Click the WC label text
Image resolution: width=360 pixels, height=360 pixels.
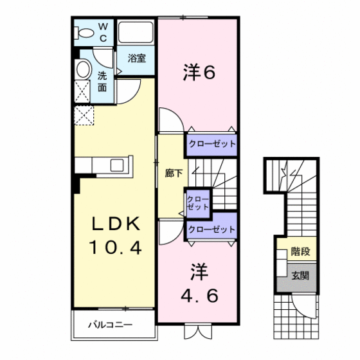tap(104, 30)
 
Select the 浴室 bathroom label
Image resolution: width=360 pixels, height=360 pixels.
tap(136, 59)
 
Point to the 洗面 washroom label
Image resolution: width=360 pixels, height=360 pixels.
tap(103, 80)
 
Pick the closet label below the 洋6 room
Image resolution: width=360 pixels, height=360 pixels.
tap(212, 144)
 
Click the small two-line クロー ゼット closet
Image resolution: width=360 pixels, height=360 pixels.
tap(197, 203)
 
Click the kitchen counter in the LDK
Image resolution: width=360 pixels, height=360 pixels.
tap(103, 165)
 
